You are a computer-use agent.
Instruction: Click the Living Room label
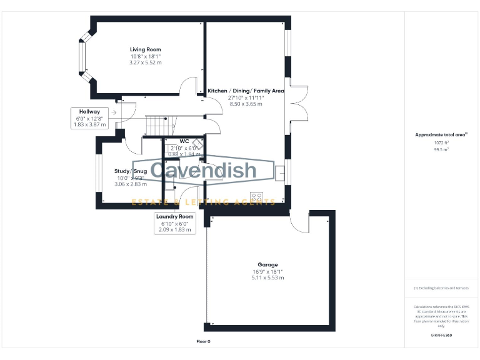(x=145, y=49)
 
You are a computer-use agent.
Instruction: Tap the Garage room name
(x=267, y=264)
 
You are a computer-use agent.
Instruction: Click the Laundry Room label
(x=175, y=216)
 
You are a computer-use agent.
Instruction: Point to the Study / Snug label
(x=130, y=171)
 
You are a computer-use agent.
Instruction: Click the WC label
(x=184, y=141)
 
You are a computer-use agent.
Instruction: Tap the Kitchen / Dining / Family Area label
(x=246, y=91)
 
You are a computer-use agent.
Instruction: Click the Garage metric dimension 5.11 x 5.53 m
(x=267, y=277)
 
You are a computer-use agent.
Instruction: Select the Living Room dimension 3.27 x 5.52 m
(x=145, y=62)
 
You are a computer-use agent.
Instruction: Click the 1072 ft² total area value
(x=441, y=142)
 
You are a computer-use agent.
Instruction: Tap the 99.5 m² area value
(x=441, y=149)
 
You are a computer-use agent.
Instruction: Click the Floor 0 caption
(x=204, y=342)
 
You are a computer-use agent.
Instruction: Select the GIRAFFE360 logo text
(x=441, y=336)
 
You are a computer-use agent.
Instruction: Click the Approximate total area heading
(x=441, y=134)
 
